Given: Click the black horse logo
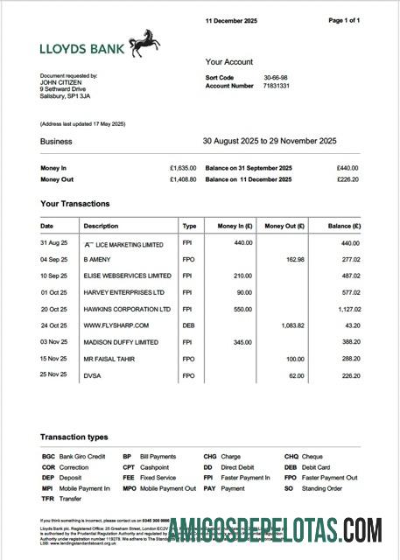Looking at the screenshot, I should coord(144,43).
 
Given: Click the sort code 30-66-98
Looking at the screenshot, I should coord(276,78).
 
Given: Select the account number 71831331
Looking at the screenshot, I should coord(277,87).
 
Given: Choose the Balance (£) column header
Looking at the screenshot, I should coord(340,226).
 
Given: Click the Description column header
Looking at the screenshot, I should coord(101,226).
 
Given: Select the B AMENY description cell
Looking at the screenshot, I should coord(97,260).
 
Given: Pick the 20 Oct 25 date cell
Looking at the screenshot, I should coord(53,309).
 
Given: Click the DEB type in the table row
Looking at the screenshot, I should coord(188,325).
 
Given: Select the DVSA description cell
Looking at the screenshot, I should coord(93,374).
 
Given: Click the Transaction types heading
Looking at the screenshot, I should coord(74,437).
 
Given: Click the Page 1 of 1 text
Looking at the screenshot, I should coord(343,20).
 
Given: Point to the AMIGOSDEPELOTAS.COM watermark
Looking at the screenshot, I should coord(275,531).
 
